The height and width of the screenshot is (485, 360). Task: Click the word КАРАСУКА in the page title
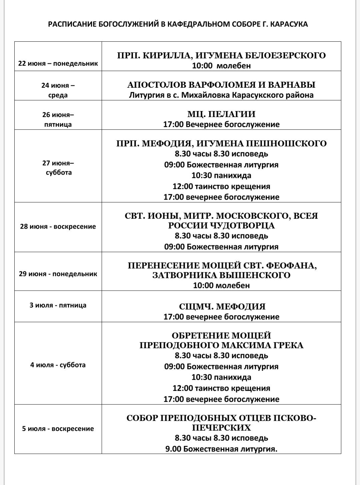(x=288, y=24)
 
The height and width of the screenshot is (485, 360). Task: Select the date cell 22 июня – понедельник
(x=58, y=63)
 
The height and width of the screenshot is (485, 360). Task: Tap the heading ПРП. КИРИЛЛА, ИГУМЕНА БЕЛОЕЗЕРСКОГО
(x=221, y=55)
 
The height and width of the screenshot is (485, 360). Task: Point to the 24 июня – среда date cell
(x=58, y=90)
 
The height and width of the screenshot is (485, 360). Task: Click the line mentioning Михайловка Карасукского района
(x=221, y=95)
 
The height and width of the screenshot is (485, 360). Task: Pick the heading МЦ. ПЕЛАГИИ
(x=221, y=114)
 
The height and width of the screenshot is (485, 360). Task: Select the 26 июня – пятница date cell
(x=58, y=119)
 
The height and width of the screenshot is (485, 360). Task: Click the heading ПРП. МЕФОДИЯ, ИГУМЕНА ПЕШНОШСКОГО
(x=221, y=143)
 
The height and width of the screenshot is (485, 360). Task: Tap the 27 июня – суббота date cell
(x=58, y=167)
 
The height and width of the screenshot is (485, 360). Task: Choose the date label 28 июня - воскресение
(x=58, y=226)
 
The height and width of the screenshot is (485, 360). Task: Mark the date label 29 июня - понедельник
(x=58, y=274)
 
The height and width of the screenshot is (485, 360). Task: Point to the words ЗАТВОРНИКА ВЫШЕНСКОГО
(x=221, y=275)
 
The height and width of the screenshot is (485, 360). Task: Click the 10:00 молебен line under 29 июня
(x=221, y=286)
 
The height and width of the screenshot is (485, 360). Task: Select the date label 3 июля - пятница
(x=58, y=305)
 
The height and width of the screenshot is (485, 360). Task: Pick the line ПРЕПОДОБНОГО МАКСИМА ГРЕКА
(x=221, y=345)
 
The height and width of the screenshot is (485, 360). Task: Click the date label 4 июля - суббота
(x=58, y=365)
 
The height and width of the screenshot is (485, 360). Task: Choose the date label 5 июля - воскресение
(x=58, y=429)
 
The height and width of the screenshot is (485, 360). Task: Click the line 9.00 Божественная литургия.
(x=221, y=449)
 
